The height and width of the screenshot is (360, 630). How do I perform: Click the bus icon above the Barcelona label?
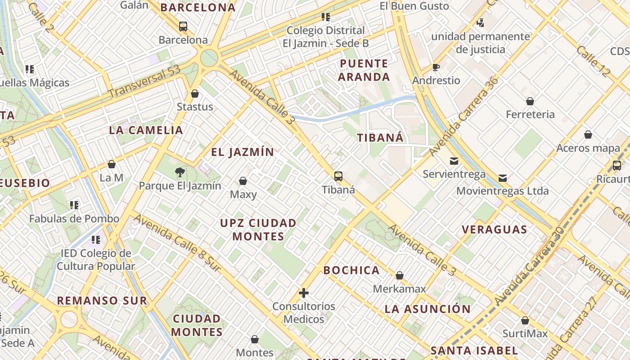(x=183, y=27)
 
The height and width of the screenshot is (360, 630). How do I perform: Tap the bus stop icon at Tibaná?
(x=338, y=176)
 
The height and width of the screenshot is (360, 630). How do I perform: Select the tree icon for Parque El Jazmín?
(x=180, y=172)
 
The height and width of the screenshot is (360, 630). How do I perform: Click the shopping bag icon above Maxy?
(x=243, y=181)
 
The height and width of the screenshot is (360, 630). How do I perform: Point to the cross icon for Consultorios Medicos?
(x=304, y=293)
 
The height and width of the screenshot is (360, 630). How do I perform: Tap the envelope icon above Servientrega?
(x=454, y=161)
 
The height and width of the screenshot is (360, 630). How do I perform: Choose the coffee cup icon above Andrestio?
(x=436, y=67)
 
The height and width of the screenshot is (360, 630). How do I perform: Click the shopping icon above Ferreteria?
(x=530, y=101)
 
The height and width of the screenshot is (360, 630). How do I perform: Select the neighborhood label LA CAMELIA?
(x=146, y=130)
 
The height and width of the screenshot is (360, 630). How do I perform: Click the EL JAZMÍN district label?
(x=243, y=152)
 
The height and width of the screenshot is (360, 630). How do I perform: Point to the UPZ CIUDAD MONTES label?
(x=258, y=229)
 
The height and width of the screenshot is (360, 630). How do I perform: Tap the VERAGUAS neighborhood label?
(x=494, y=229)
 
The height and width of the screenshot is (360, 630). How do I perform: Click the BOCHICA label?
(x=351, y=270)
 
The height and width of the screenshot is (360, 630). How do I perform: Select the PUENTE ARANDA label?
(x=364, y=70)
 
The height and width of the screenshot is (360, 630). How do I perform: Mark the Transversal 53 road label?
(x=144, y=81)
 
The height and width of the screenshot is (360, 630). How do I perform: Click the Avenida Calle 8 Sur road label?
(x=177, y=243)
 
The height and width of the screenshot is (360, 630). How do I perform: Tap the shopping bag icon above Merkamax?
(x=399, y=275)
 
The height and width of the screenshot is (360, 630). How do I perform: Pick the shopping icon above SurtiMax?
(x=525, y=320)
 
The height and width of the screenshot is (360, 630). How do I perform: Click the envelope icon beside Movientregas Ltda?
(x=503, y=178)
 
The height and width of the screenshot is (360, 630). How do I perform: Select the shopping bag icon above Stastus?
(x=195, y=94)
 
